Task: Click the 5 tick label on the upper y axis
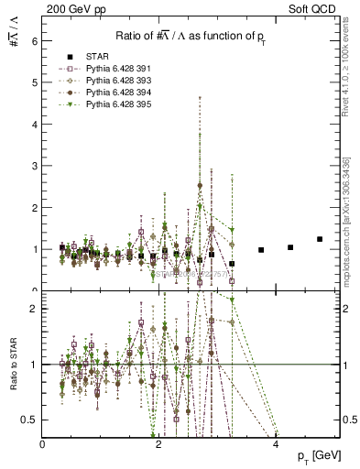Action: (x=34, y=82)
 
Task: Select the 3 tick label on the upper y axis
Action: (x=34, y=166)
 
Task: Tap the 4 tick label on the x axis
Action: (x=276, y=443)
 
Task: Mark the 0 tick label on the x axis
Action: (x=42, y=443)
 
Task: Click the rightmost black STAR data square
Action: (x=320, y=239)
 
